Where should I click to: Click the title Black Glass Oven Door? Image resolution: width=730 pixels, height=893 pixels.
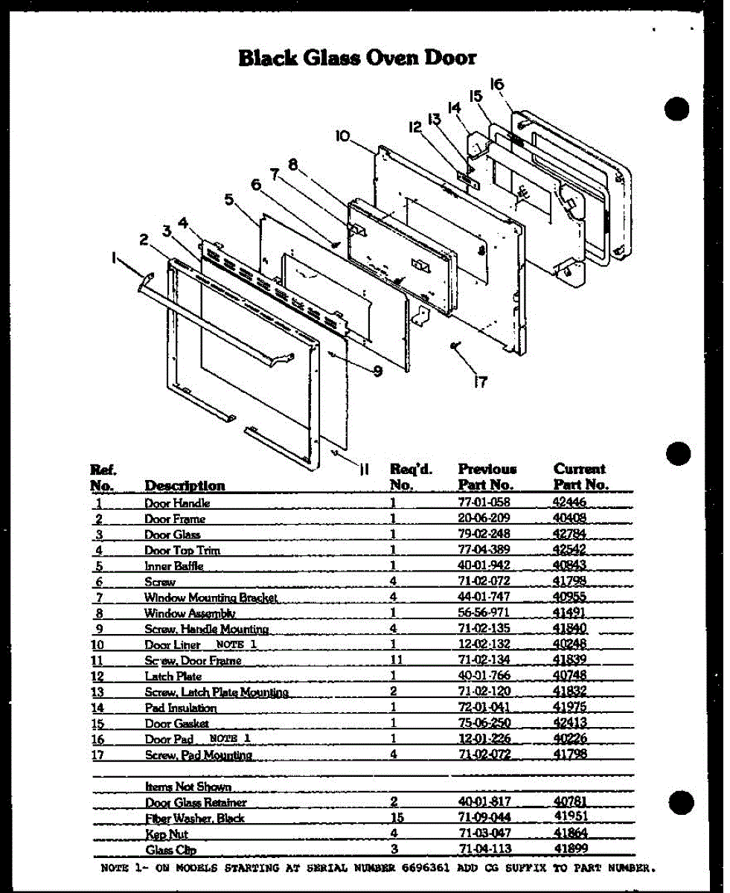[357, 57]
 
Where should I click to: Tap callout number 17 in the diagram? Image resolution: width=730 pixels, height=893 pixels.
[481, 382]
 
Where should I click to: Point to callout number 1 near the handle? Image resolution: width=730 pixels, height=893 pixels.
[115, 257]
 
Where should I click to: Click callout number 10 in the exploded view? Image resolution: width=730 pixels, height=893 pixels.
[342, 136]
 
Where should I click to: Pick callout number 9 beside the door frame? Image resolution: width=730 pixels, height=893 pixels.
[377, 370]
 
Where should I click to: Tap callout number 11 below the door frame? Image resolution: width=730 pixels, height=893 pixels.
[364, 468]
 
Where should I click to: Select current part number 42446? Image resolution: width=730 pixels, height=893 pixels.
[570, 502]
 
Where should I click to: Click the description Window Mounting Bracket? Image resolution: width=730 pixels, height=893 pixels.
[211, 598]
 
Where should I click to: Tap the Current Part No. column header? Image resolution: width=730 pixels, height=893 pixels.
[580, 476]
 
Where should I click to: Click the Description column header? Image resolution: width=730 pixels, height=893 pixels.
[185, 485]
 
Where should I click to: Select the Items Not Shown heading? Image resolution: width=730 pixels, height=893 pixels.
[188, 786]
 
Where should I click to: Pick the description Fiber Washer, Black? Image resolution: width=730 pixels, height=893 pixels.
[194, 818]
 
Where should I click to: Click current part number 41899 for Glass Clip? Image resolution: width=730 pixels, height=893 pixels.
[571, 849]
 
